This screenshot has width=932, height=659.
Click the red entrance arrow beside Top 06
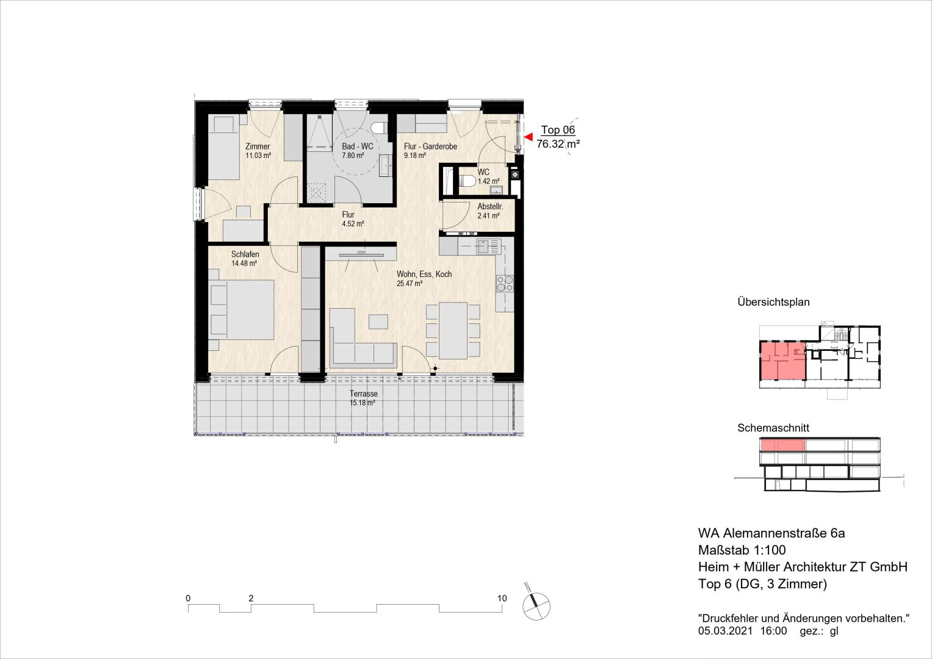[529, 137]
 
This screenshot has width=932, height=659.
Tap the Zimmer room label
[258, 146]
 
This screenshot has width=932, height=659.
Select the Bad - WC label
[358, 146]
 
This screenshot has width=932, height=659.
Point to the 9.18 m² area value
[415, 156]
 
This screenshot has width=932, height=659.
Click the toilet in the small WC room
[468, 181]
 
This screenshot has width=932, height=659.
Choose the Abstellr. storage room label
[490, 206]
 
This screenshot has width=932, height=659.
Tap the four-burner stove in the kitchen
[505, 284]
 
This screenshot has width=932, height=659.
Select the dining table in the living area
[453, 330]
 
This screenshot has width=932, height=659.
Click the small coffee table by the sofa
[378, 322]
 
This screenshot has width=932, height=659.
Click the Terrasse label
[364, 394]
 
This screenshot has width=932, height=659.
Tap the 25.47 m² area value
[410, 284]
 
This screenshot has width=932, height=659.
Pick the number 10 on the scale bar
[502, 598]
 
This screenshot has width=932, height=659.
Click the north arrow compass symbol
[536, 605]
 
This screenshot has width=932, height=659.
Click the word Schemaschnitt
[773, 428]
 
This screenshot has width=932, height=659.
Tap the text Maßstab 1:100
[742, 550]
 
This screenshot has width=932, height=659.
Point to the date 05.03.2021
[726, 631]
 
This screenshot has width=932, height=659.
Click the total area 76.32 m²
[558, 144]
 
